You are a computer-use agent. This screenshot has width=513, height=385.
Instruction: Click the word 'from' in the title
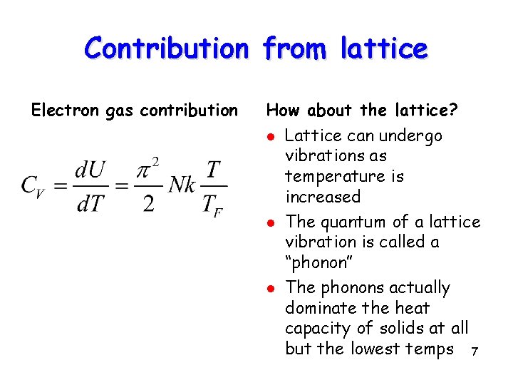coord(294,48)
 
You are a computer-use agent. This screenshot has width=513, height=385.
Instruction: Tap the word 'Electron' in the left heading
coord(59,111)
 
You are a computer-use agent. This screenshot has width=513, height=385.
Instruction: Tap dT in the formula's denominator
coord(90,203)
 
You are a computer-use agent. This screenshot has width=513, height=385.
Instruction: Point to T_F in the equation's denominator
coord(212,205)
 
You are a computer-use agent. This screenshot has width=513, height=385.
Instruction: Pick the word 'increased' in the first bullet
coord(323,196)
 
